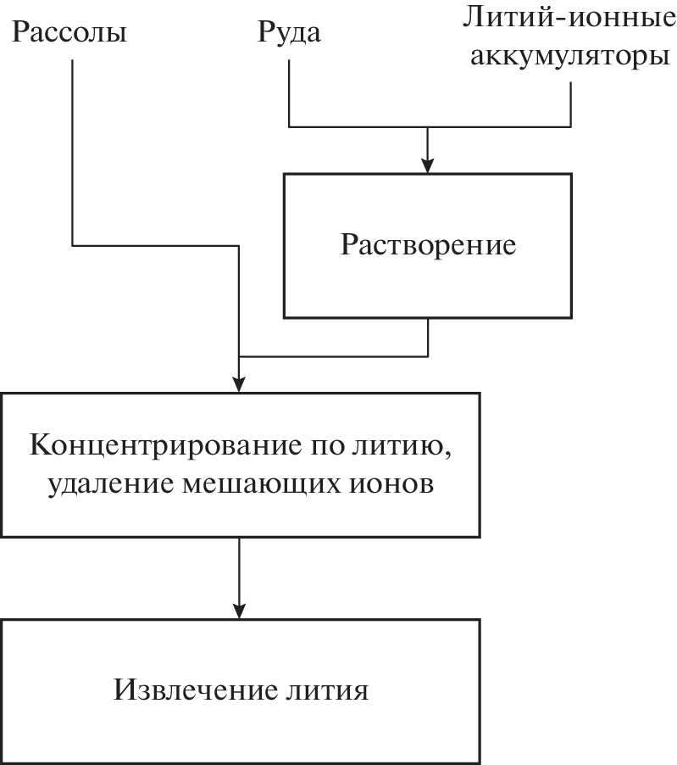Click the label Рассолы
tap(69, 33)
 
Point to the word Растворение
tap(429, 245)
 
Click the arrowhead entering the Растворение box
tap(429, 165)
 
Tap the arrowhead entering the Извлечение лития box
tap(241, 610)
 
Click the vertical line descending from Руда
tap(290, 93)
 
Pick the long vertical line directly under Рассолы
tap(73, 153)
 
